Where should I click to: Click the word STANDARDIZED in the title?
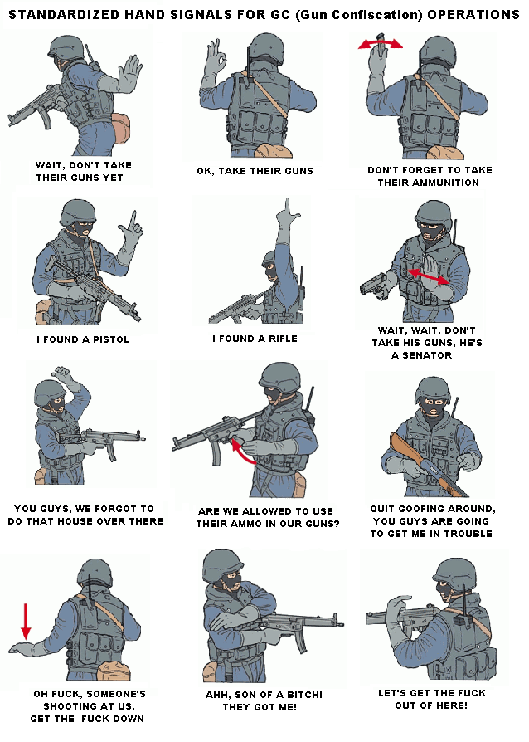point(65,15)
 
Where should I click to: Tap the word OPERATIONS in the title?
point(473,15)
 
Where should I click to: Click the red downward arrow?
point(26,621)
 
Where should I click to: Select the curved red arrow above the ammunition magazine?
point(380,43)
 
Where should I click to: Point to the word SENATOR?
point(427,355)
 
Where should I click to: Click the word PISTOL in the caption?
point(110,339)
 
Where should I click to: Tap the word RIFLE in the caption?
point(284,339)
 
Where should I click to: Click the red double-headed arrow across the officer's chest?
point(428,277)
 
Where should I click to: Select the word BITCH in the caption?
point(305,695)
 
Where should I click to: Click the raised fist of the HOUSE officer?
point(63,373)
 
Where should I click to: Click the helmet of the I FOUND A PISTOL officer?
point(77,211)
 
